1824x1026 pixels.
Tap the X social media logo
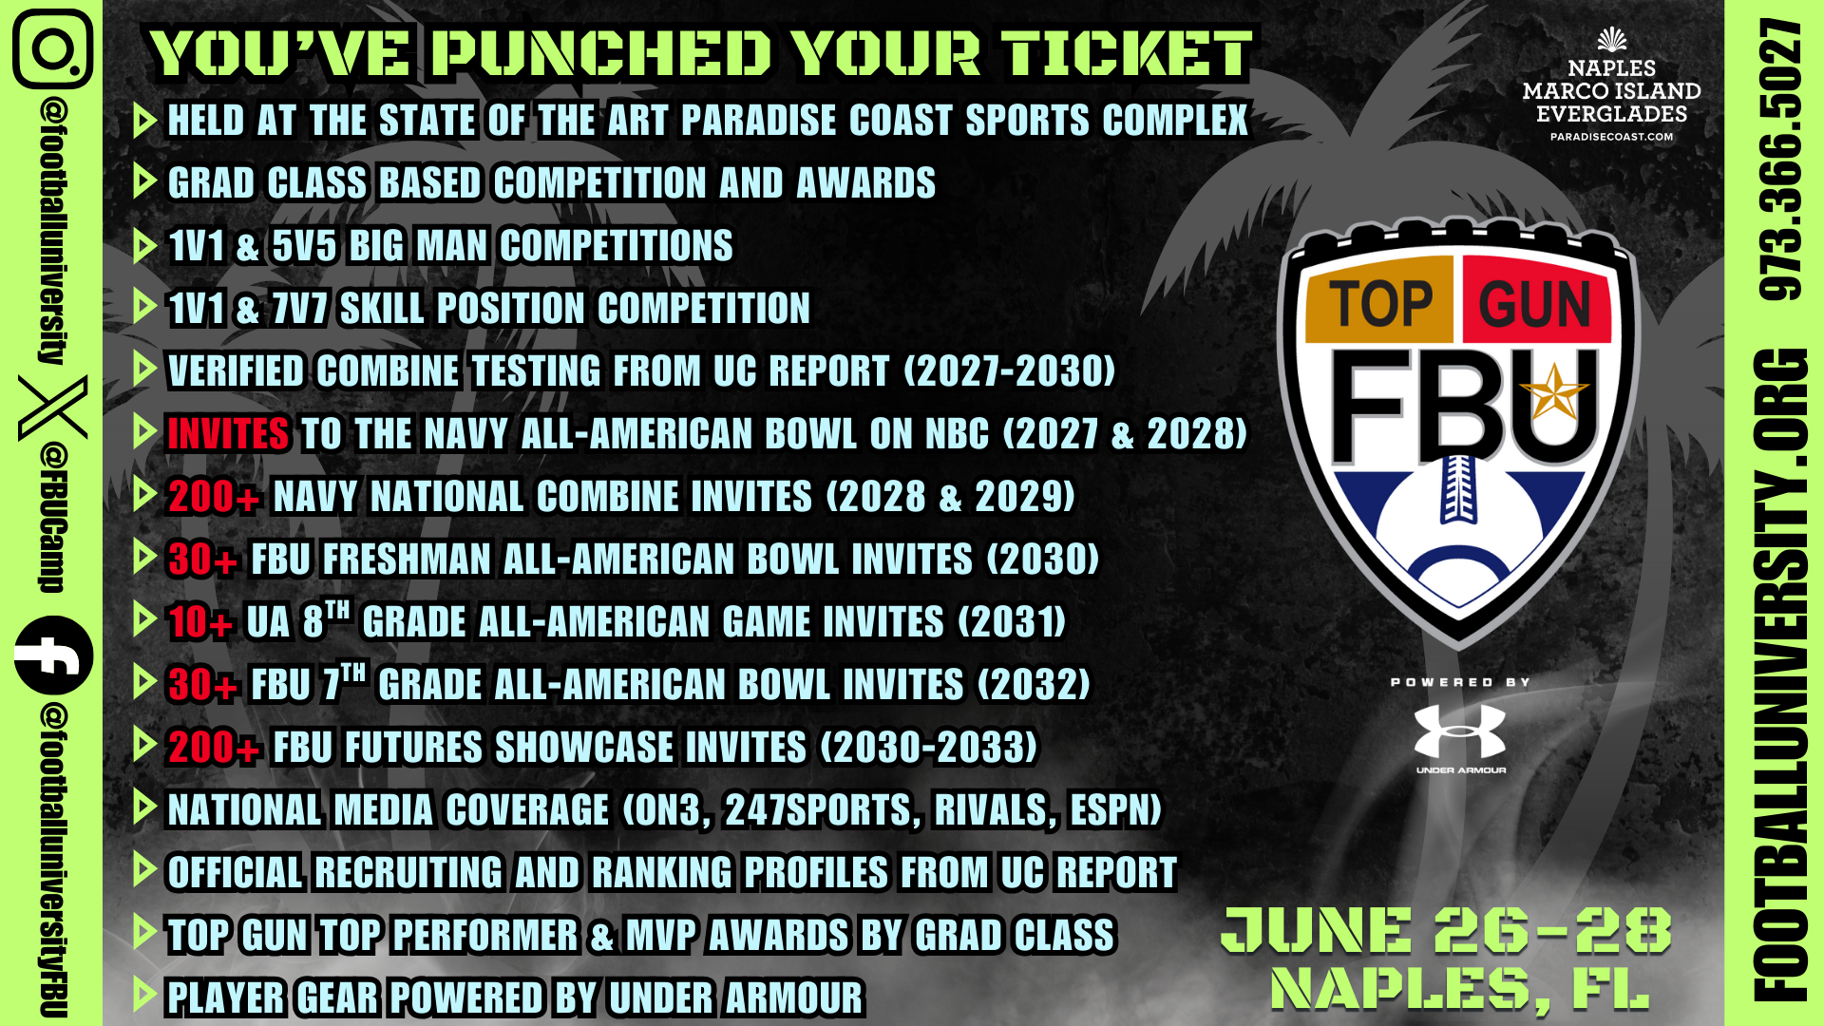52,408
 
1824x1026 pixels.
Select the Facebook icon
53,655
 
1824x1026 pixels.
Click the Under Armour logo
1460,732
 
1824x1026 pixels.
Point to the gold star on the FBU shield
1553,392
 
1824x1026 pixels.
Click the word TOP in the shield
1380,305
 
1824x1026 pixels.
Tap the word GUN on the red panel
1534,305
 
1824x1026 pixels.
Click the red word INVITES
228,434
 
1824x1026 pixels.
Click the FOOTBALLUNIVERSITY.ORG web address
1779,675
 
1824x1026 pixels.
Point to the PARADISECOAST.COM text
1611,137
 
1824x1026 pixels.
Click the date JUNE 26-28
1446,930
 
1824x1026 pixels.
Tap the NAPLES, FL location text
1459,989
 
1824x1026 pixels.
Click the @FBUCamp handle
53,517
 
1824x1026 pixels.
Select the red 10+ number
199,622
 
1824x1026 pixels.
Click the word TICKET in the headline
1127,53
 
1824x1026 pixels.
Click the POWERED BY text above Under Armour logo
1460,682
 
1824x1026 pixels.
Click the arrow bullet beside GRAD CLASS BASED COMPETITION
144,181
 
